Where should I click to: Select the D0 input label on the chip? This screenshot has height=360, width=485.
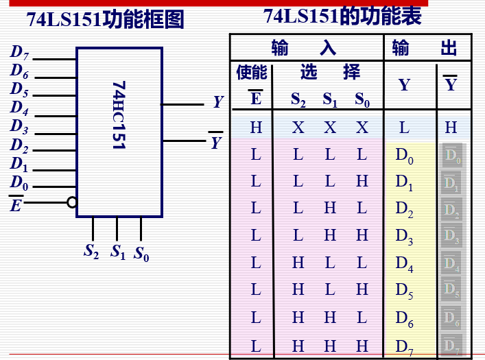pyautogui.click(x=19, y=182)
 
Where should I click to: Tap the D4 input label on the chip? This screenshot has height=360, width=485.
pyautogui.click(x=19, y=108)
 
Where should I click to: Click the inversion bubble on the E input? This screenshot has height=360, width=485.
pyautogui.click(x=71, y=202)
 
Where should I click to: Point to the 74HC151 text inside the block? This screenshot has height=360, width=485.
pyautogui.click(x=119, y=115)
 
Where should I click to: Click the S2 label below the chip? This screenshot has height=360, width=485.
pyautogui.click(x=92, y=251)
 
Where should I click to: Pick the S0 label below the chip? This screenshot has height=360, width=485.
pyautogui.click(x=141, y=254)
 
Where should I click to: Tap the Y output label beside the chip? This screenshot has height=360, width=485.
pyautogui.click(x=217, y=103)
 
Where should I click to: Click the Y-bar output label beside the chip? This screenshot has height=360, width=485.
pyautogui.click(x=216, y=141)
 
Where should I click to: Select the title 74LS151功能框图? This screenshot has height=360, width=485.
pyautogui.click(x=106, y=19)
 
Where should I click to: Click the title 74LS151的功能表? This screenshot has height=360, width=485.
pyautogui.click(x=342, y=15)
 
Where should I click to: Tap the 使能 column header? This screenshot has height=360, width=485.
pyautogui.click(x=252, y=72)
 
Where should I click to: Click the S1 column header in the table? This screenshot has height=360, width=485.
pyautogui.click(x=330, y=100)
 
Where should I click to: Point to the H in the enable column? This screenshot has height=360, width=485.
pyautogui.click(x=256, y=127)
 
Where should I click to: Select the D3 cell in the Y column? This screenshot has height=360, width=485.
pyautogui.click(x=405, y=237)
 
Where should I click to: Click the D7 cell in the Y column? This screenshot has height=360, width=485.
pyautogui.click(x=405, y=347)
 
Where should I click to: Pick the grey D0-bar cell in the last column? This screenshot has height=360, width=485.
pyautogui.click(x=451, y=155)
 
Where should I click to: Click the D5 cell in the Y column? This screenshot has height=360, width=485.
pyautogui.click(x=405, y=291)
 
